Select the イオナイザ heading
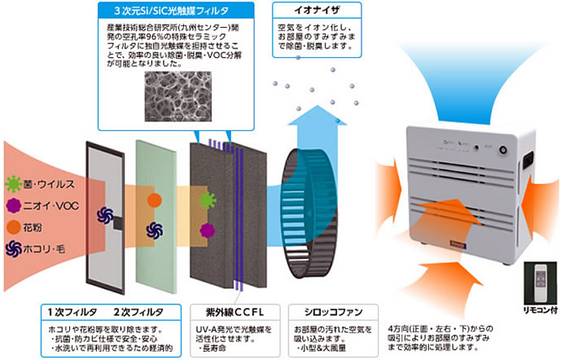click(302, 10)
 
